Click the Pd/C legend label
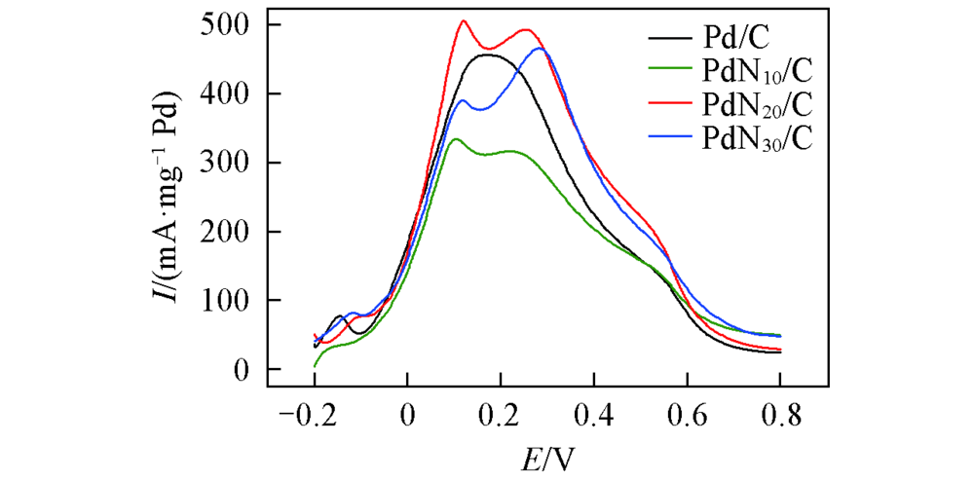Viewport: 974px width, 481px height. pyautogui.click(x=735, y=39)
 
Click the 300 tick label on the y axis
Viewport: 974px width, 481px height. pyautogui.click(x=226, y=163)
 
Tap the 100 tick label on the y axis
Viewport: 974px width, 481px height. pyautogui.click(x=226, y=301)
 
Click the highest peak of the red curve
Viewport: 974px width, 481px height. pyautogui.click(x=464, y=20)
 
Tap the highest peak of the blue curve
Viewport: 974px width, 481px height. pyautogui.click(x=540, y=48)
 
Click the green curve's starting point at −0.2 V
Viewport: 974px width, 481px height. pyautogui.click(x=315, y=366)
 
